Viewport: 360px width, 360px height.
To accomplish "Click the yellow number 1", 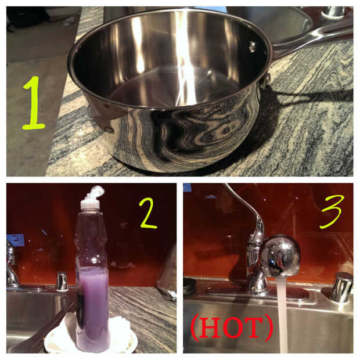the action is coord(34,103).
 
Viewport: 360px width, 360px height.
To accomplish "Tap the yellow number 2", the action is coord(148,214).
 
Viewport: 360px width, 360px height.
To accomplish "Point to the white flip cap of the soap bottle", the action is coord(93,197).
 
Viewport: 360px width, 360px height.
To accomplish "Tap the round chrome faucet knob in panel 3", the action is coord(280,255).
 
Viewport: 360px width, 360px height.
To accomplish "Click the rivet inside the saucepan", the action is coord(252,46).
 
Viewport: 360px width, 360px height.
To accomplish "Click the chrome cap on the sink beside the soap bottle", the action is coord(62,281).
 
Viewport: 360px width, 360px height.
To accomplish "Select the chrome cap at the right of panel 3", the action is coord(341,287).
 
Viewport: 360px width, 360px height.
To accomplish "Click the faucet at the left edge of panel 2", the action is coord(11,264).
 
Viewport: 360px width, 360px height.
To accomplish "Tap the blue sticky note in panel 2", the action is coord(15,240).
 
